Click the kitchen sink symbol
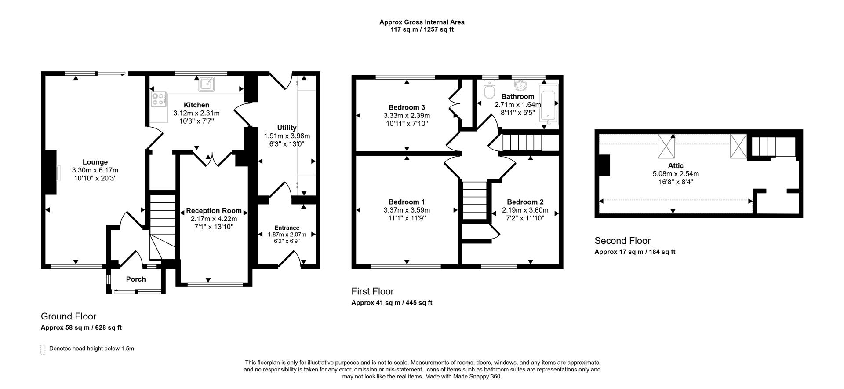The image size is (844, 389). tap(206, 84)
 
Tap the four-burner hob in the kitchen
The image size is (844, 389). tap(159, 99)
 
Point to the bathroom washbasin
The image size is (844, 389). tap(521, 84)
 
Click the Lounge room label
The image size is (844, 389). tap(95, 162)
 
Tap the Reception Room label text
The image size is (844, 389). tap(214, 211)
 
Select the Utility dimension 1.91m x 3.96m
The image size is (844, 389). tap(287, 136)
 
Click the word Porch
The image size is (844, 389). tap(136, 279)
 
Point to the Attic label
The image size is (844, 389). tap(676, 165)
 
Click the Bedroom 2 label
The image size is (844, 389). tap(525, 202)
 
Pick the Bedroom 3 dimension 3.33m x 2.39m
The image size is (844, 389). tap(407, 116)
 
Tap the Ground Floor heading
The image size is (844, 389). tap(69, 316)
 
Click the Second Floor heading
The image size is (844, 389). tap(622, 241)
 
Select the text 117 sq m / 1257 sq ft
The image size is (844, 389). tap(422, 29)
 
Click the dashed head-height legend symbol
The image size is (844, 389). tap(43, 349)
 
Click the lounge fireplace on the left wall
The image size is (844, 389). tap(51, 172)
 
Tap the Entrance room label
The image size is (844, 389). tap(287, 228)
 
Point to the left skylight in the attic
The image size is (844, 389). tap(666, 146)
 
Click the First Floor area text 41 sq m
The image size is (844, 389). tap(391, 303)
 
